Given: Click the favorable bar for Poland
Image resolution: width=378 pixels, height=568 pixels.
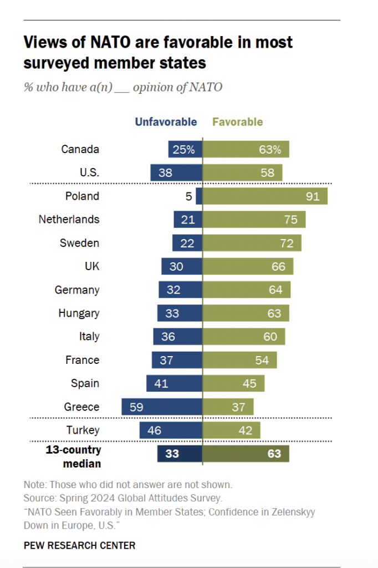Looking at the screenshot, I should tap(265, 196).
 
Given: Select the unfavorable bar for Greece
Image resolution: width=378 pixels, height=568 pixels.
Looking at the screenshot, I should tap(162, 407).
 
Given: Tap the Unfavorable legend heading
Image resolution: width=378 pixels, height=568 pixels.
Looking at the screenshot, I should tap(166, 122).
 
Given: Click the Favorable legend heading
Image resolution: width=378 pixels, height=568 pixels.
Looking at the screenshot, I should tap(237, 122).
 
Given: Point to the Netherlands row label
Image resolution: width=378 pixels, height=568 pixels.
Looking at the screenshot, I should tap(69, 220).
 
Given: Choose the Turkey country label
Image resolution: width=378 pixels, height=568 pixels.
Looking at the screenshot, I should tap(83, 430).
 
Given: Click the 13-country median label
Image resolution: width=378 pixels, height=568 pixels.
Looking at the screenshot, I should tap(73, 455).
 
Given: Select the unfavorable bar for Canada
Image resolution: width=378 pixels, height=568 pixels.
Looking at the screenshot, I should tap(185, 149).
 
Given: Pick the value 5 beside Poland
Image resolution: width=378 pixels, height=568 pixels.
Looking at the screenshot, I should tap(188, 196).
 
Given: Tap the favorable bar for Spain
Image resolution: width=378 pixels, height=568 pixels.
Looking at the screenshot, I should tap(233, 383).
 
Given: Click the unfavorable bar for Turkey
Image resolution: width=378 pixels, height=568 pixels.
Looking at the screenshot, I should tap(171, 430).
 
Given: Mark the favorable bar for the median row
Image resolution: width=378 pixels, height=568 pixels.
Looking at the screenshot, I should tap(246, 454).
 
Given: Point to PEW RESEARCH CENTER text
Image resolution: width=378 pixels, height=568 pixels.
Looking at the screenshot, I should tap(79, 545).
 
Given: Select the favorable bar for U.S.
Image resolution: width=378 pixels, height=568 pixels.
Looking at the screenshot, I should tap(242, 173).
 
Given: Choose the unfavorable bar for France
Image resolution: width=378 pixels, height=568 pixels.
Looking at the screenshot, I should tap(177, 360).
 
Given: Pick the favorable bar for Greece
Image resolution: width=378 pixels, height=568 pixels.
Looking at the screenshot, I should tap(228, 407).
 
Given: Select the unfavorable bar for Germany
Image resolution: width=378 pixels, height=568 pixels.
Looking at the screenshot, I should tap(180, 290).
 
